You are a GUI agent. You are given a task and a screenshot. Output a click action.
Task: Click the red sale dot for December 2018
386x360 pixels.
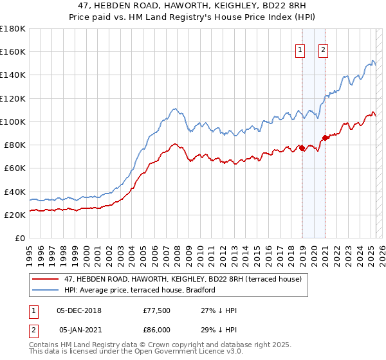tap(302, 148)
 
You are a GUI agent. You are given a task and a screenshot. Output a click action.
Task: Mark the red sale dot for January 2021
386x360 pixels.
tap(326, 138)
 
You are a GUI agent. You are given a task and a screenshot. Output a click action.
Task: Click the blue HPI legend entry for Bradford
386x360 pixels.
tap(139, 290)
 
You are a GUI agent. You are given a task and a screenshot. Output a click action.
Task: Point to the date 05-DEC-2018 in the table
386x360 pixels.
tap(80, 310)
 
